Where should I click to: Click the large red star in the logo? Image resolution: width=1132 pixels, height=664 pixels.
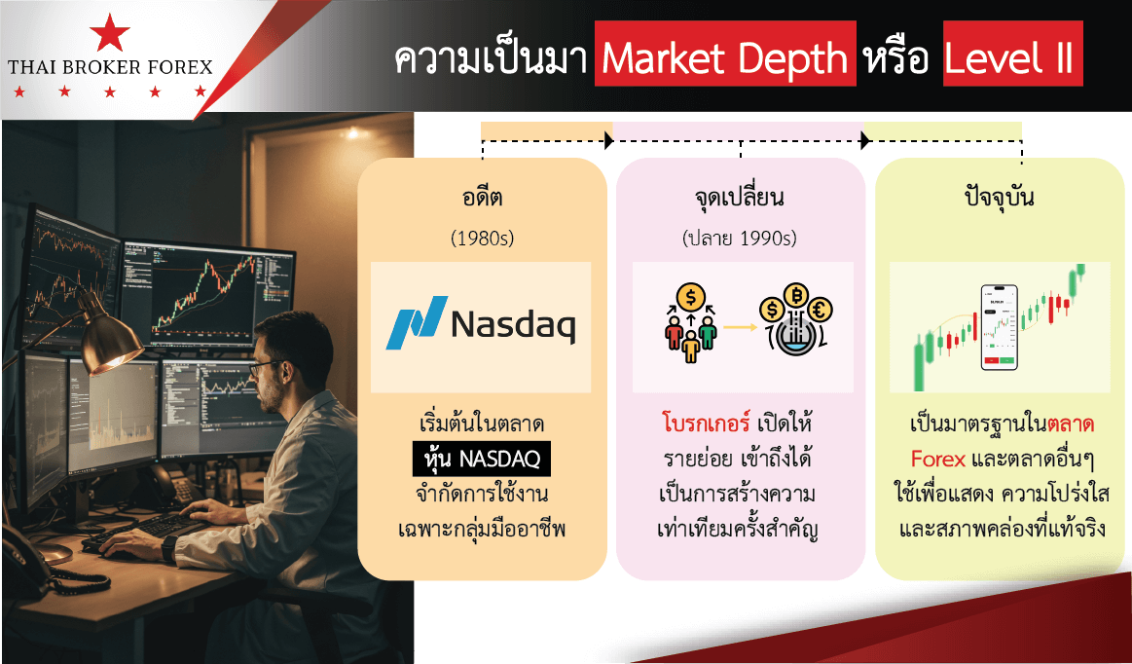pyautogui.click(x=110, y=33)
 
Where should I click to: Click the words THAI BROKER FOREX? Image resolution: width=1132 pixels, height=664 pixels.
pyautogui.click(x=110, y=67)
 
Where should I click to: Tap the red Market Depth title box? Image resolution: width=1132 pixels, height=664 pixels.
pyautogui.click(x=725, y=54)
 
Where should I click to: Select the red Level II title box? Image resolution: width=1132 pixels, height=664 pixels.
pyautogui.click(x=1013, y=54)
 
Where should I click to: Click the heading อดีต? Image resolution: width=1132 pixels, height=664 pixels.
pyautogui.click(x=482, y=197)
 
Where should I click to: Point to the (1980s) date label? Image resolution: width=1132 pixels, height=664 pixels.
pyautogui.click(x=482, y=238)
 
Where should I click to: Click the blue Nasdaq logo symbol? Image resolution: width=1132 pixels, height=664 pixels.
pyautogui.click(x=417, y=322)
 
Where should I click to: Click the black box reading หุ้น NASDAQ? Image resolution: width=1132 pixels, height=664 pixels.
pyautogui.click(x=482, y=459)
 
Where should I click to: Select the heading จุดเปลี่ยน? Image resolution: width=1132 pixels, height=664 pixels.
pyautogui.click(x=740, y=198)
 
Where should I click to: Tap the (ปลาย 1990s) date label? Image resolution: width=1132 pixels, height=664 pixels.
pyautogui.click(x=740, y=238)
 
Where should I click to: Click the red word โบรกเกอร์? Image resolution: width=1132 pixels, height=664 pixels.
pyautogui.click(x=706, y=423)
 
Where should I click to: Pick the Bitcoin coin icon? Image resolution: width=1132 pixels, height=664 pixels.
pyautogui.click(x=795, y=296)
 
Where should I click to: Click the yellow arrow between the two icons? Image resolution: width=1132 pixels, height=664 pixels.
pyautogui.click(x=740, y=327)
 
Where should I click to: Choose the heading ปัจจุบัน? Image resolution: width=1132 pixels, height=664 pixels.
pyautogui.click(x=1000, y=197)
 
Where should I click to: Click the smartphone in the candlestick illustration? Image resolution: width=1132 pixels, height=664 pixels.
pyautogui.click(x=1000, y=327)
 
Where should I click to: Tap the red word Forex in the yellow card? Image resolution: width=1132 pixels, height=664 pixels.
pyautogui.click(x=937, y=459)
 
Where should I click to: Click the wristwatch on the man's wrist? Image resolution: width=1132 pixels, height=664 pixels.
pyautogui.click(x=168, y=548)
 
